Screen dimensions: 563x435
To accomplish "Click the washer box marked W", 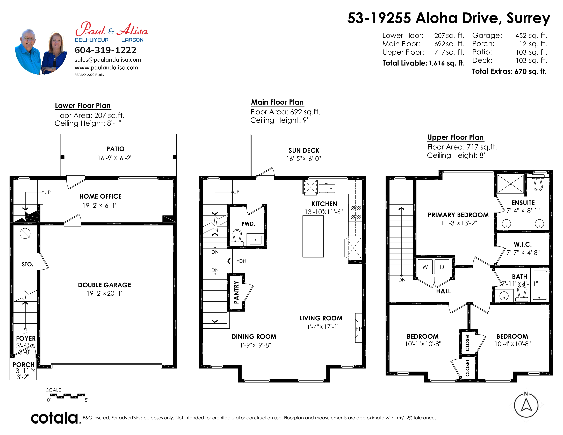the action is tap(425, 267).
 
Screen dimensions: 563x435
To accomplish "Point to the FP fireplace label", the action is tap(359, 329).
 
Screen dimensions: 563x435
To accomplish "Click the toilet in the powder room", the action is tap(237, 238).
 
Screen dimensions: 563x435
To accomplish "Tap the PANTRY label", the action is tap(236, 292).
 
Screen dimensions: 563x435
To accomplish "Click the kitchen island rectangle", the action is tap(313, 236).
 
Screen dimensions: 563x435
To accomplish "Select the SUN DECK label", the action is tap(304, 150).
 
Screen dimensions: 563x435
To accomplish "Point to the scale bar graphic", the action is tap(67, 396).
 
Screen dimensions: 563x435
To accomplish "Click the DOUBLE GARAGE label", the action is tap(104, 285).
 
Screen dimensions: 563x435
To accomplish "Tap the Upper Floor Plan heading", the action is tap(456, 137).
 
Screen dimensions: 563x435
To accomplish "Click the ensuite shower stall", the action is tap(510, 184).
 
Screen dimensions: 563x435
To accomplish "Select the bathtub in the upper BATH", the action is tap(539, 285).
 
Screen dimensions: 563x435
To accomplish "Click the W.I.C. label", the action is tap(523, 244).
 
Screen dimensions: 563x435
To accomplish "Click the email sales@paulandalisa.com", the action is tap(108, 60).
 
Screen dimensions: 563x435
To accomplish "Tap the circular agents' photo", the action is tap(41, 52).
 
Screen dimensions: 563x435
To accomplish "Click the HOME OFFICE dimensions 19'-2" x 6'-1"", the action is tap(100, 205).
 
